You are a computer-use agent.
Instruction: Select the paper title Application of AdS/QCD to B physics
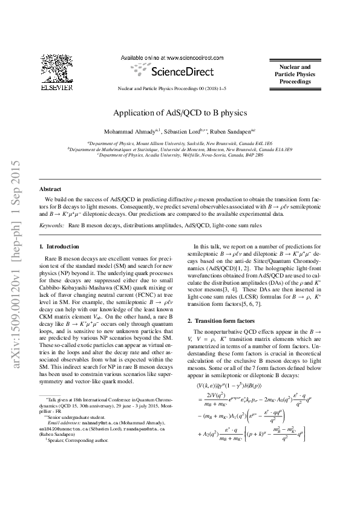point(180,112)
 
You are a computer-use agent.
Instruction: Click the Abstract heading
point(50,189)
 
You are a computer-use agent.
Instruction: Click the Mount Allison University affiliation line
point(180,144)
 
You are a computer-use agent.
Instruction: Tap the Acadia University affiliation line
point(180,155)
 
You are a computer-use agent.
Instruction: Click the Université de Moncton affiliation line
point(180,149)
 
